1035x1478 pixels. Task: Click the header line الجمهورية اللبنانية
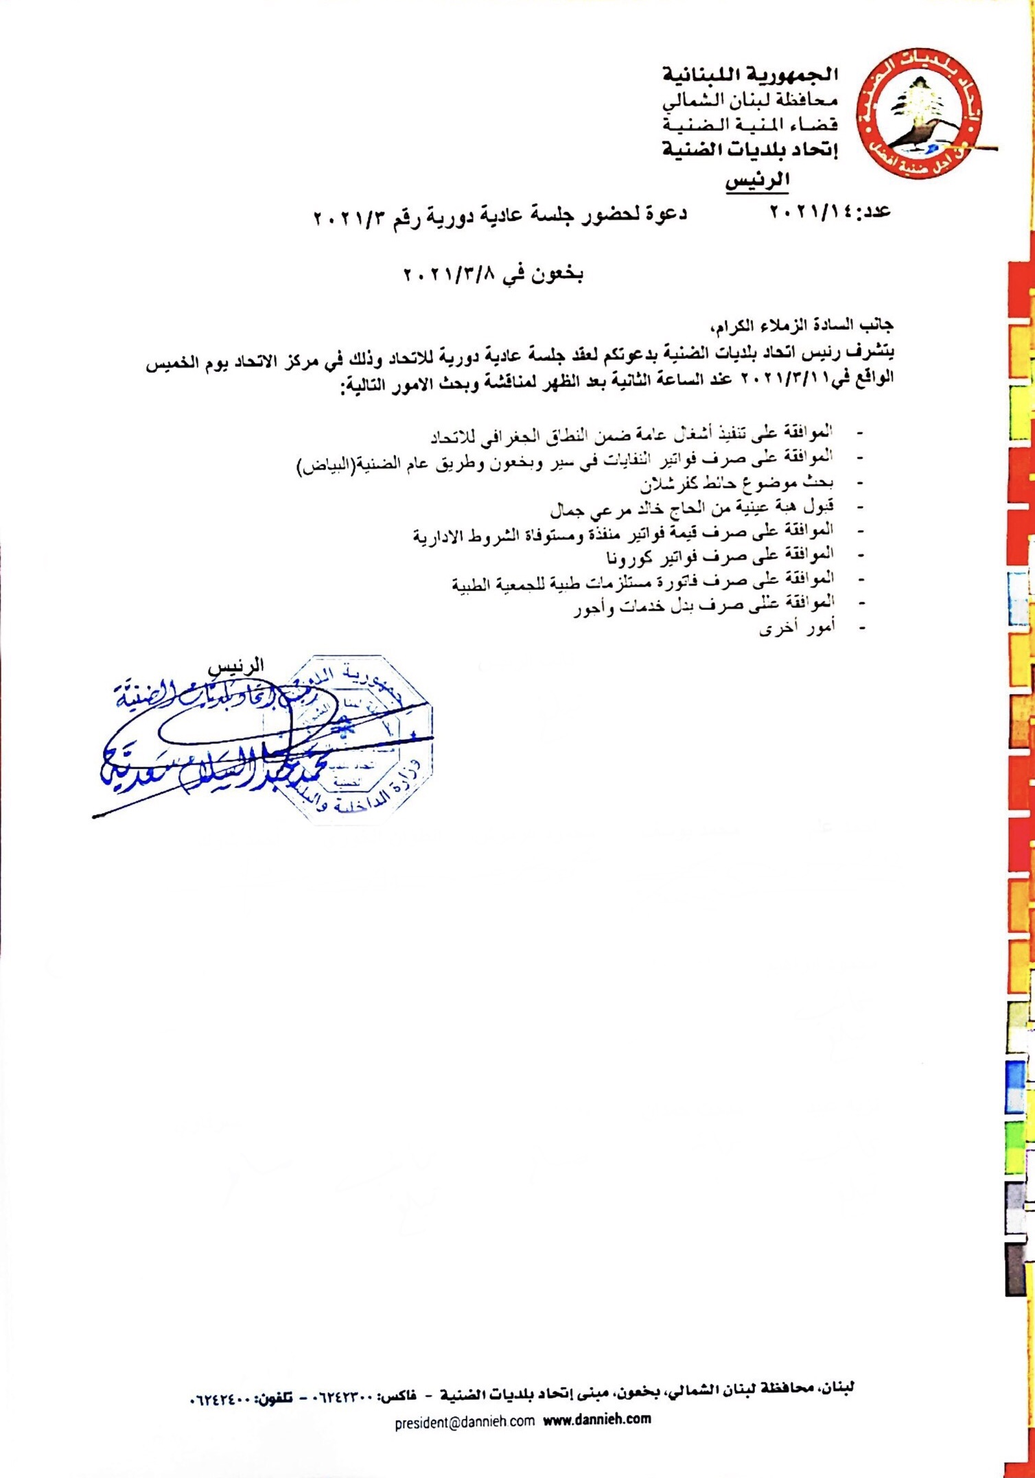pos(750,73)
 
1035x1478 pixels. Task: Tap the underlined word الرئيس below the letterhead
pos(757,181)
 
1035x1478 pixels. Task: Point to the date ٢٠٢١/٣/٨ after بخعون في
pos(451,276)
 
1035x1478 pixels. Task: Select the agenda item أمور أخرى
pos(797,628)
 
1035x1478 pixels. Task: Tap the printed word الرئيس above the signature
pos(236,666)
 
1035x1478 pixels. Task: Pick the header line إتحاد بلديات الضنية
pos(749,150)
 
